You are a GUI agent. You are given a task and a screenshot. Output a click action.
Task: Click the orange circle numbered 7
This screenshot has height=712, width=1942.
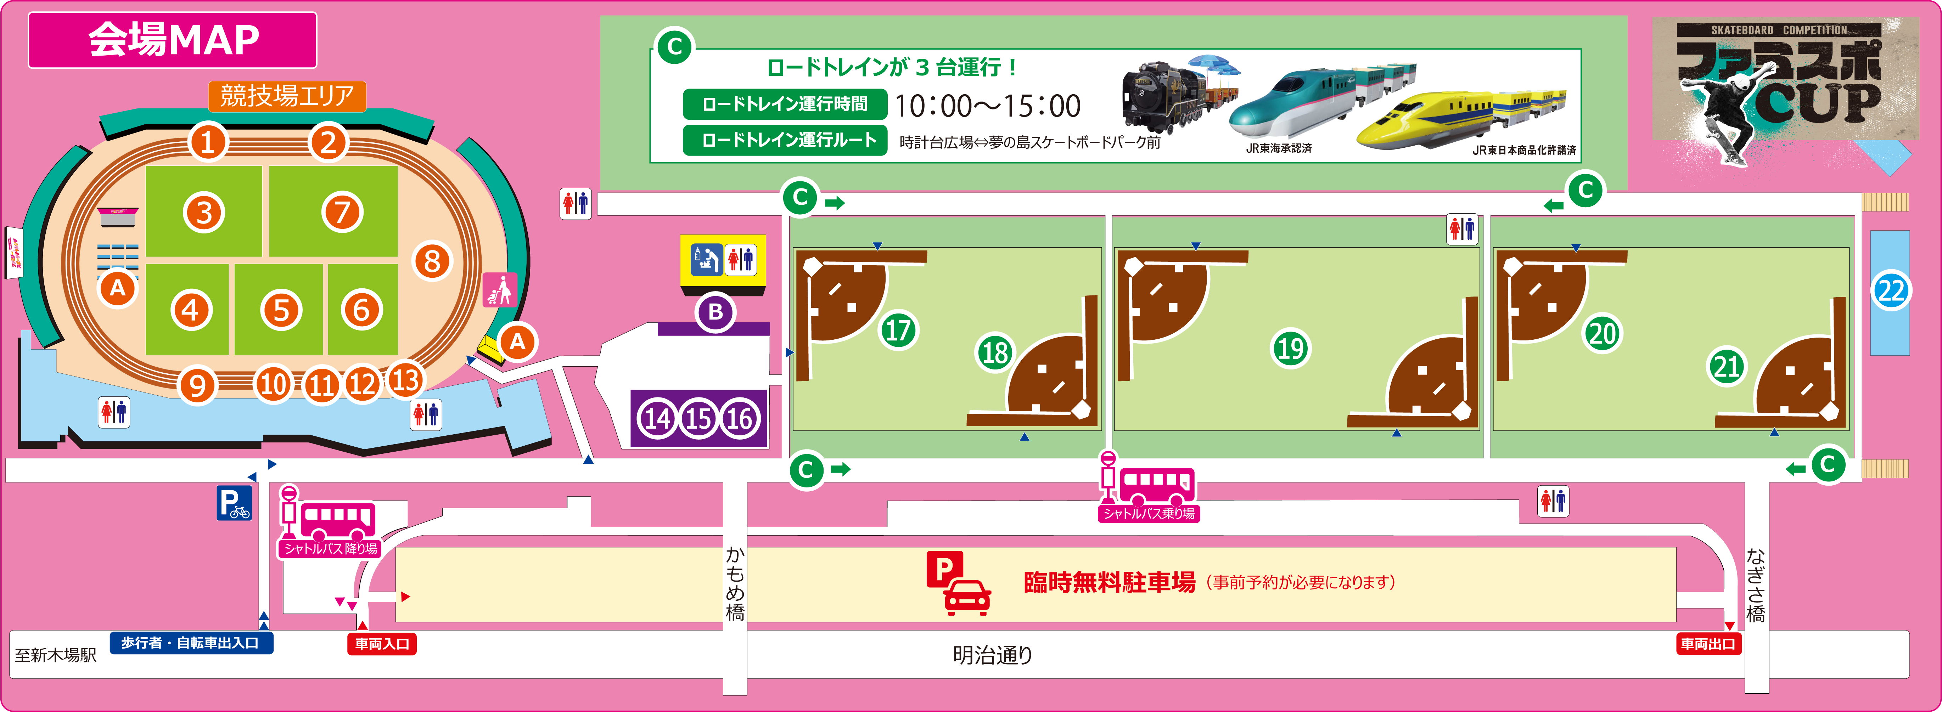343,213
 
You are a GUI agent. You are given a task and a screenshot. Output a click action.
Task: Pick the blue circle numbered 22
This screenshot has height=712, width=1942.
1891,291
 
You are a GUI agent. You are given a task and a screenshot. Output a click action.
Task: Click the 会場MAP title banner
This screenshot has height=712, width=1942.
173,40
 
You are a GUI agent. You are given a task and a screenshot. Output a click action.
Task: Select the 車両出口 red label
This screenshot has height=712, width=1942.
1707,643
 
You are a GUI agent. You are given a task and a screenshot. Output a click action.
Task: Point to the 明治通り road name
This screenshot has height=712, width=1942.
992,655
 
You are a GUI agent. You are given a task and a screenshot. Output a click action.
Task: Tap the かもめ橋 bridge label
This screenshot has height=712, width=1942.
735,584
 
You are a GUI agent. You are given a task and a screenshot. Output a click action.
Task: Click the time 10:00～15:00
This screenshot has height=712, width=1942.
988,106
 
